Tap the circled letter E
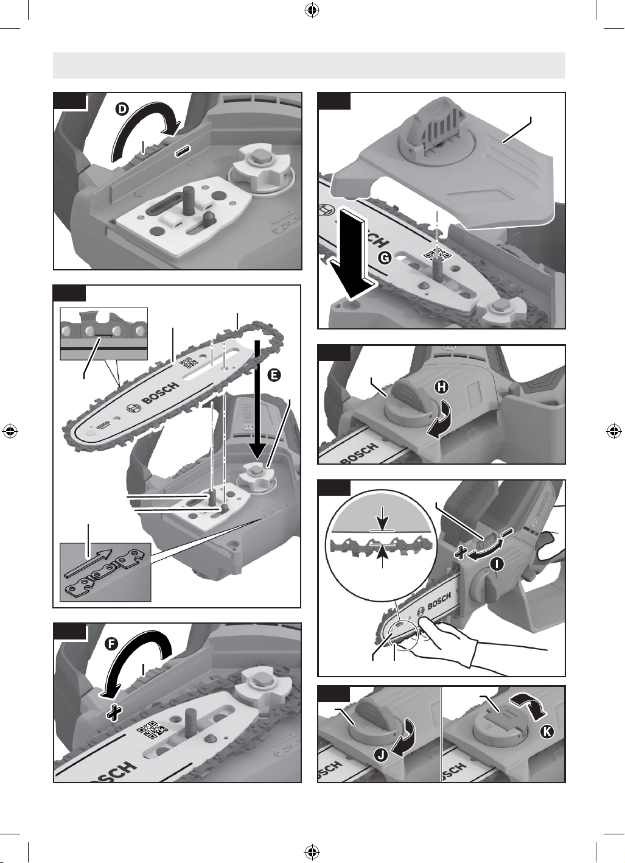(x=274, y=376)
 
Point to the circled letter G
(x=385, y=258)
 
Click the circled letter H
(x=442, y=387)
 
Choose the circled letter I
(x=497, y=565)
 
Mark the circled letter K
(x=547, y=731)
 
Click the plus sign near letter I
(x=461, y=554)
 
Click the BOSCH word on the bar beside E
(x=161, y=393)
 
